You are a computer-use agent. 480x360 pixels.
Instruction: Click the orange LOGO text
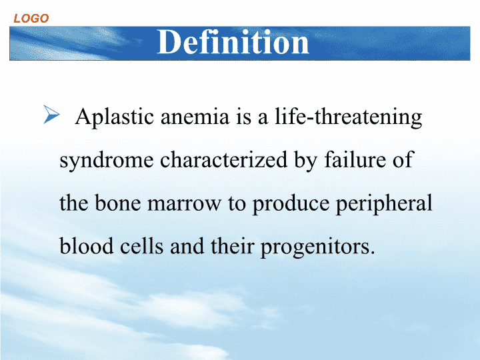31,19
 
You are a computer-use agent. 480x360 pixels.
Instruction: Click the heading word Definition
233,42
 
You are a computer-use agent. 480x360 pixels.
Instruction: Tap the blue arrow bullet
51,114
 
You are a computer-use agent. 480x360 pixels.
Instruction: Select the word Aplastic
115,117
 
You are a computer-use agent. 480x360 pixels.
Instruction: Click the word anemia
195,117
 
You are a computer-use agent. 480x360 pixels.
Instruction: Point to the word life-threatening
349,117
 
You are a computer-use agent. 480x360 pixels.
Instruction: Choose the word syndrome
107,161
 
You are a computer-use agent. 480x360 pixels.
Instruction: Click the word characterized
224,160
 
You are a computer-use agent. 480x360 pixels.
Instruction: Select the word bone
117,203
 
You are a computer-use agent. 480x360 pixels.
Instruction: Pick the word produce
291,204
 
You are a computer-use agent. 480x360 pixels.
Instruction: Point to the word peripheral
384,204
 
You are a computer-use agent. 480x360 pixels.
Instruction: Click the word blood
87,246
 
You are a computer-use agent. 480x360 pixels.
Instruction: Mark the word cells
141,246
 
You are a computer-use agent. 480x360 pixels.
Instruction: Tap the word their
233,246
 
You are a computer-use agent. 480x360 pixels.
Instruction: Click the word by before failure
305,161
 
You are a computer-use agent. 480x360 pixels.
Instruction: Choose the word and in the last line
187,246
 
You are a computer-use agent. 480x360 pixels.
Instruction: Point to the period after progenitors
372,253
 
